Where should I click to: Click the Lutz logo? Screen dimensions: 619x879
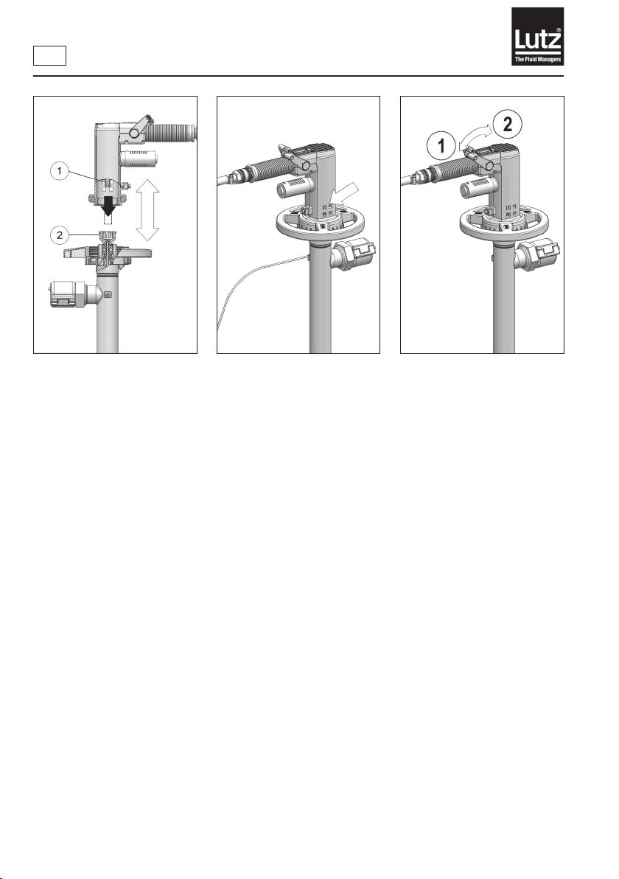click(x=536, y=36)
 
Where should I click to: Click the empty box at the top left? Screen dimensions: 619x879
click(x=49, y=55)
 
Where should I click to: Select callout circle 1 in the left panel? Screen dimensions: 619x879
click(x=60, y=171)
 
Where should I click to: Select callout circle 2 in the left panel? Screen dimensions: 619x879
click(x=60, y=235)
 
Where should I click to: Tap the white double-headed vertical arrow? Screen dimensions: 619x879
click(x=148, y=209)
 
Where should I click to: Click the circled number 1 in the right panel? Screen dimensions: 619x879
click(x=441, y=146)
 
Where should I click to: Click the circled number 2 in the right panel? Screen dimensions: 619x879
click(x=507, y=123)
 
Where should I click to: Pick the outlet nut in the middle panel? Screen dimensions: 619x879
click(x=353, y=256)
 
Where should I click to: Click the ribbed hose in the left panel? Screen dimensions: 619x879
click(x=168, y=133)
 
